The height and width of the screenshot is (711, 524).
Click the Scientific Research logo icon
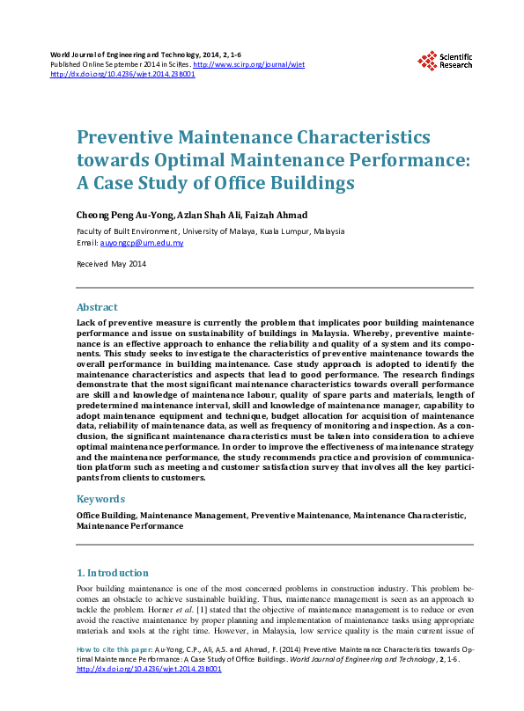click(x=427, y=61)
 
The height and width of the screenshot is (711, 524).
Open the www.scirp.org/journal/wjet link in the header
click(x=248, y=65)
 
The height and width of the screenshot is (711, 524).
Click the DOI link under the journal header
click(x=122, y=75)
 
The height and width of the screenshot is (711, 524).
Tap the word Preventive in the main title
click(x=127, y=138)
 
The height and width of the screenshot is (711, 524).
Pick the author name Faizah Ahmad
click(x=271, y=216)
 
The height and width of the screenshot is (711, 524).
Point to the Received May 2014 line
click(x=111, y=264)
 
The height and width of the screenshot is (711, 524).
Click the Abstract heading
click(x=97, y=307)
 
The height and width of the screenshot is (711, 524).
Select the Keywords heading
click(x=101, y=498)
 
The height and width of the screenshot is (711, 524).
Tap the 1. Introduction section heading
click(x=114, y=572)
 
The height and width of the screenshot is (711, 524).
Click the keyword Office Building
click(x=106, y=514)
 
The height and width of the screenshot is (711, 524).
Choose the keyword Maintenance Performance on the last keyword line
click(x=130, y=525)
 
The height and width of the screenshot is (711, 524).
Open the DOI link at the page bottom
click(x=149, y=669)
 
